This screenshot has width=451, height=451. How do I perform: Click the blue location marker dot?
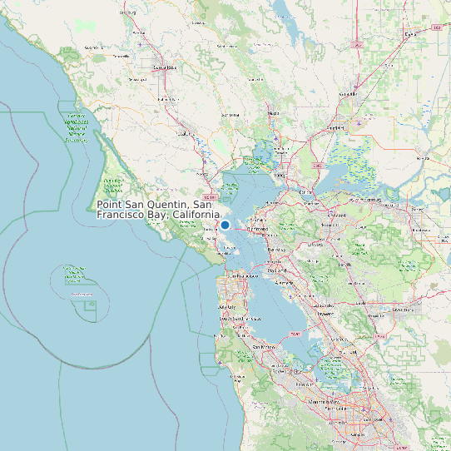coord(225,225)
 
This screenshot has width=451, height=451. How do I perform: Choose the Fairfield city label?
coord(336,127)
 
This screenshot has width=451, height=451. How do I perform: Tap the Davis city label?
coord(408,34)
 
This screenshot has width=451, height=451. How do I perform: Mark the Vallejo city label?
coord(280,176)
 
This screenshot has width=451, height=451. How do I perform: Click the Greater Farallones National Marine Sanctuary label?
coord(77,128)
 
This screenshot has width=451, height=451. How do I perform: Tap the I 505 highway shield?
coord(358,43)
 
